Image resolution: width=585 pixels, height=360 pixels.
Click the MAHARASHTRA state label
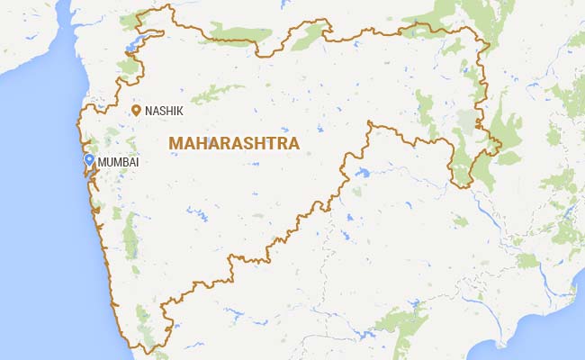coord(233,143)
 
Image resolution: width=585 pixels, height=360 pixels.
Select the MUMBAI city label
coord(119,162)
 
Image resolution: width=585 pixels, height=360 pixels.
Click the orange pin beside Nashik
coord(136,110)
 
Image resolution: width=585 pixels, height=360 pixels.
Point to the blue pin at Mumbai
coord(89,160)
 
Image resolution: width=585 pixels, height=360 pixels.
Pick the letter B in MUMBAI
coord(129,162)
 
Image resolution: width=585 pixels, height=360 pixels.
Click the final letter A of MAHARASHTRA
coord(293,143)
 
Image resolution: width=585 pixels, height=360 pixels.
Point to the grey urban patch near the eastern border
coord(466,121)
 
